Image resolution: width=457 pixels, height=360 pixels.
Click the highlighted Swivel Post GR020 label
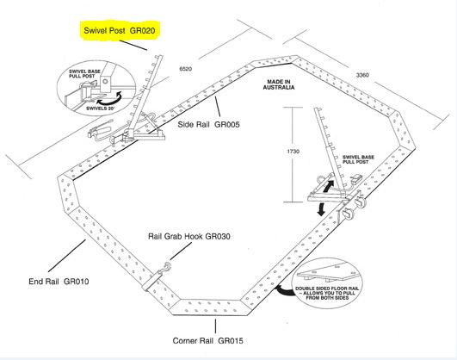(x=120, y=30)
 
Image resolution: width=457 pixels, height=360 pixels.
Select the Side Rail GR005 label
(x=208, y=125)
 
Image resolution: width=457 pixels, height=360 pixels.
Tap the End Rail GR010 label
(x=59, y=282)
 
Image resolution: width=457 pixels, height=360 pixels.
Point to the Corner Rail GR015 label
(x=207, y=341)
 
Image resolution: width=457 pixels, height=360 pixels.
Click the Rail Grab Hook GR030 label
(x=189, y=236)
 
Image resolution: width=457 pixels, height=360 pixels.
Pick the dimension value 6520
(x=186, y=69)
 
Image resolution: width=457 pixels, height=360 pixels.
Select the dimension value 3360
(x=362, y=75)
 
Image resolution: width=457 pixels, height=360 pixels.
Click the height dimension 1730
(x=293, y=152)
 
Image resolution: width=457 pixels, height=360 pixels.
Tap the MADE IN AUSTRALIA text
(x=279, y=84)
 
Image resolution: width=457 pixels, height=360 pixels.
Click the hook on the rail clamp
(x=168, y=266)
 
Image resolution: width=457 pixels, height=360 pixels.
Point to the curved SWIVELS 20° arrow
(x=110, y=99)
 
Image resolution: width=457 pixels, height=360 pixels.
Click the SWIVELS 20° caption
(x=101, y=109)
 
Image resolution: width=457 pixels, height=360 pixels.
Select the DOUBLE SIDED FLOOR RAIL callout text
(x=327, y=293)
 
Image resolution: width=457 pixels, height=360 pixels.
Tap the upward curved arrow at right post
(x=329, y=186)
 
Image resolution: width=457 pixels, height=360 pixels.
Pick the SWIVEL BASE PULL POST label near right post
(x=358, y=159)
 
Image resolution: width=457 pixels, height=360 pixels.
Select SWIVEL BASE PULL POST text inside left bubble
(x=84, y=73)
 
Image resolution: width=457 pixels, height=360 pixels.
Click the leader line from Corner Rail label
(x=216, y=326)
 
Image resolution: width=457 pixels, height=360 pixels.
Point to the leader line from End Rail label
(x=67, y=256)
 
